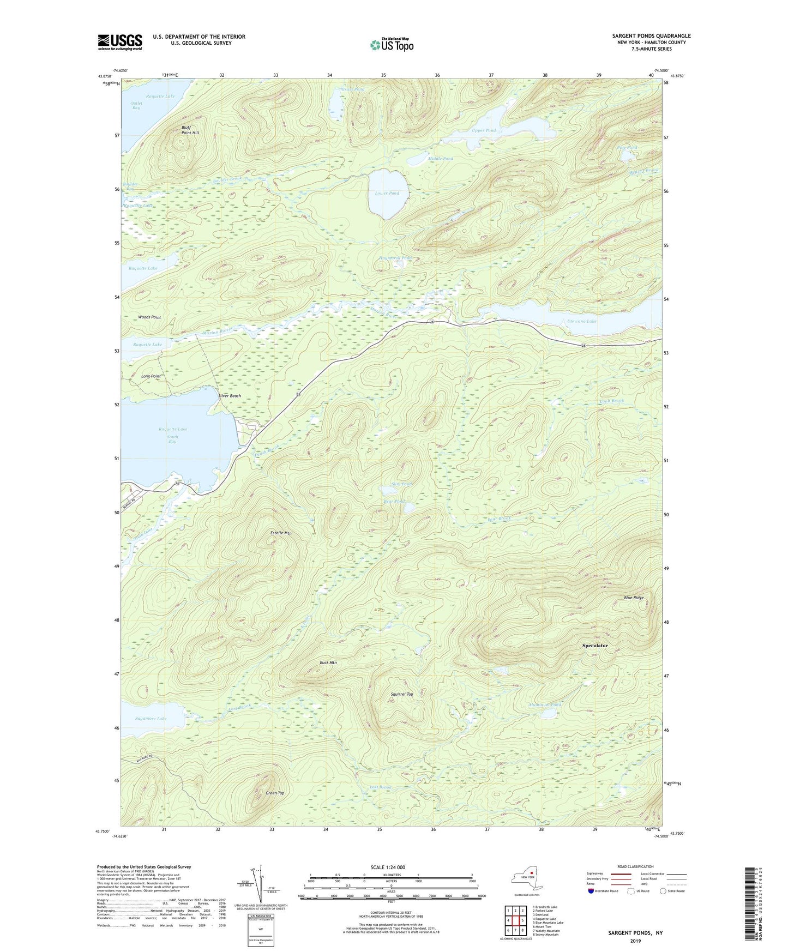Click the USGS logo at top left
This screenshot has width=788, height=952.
(120, 42)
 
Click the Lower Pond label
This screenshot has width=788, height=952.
(387, 193)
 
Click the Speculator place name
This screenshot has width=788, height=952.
(594, 646)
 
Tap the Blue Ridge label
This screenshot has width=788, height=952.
(634, 598)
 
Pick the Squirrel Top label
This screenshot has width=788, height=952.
(402, 694)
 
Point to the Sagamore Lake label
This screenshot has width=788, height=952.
(150, 719)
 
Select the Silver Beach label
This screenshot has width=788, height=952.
(229, 396)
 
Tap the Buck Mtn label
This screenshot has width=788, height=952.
(328, 662)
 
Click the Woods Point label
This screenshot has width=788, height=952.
(149, 317)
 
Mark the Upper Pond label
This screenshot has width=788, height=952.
(484, 130)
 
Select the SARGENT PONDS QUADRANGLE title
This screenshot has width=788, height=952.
(651, 36)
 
